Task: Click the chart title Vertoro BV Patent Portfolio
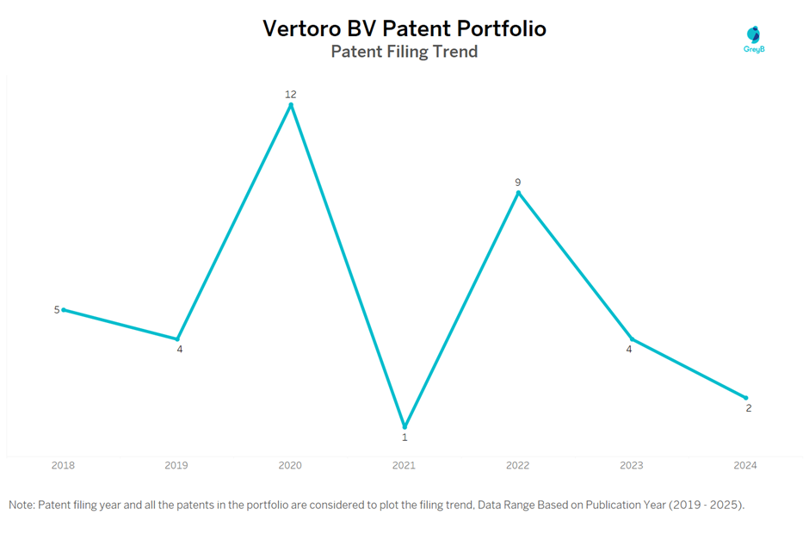pos(404,28)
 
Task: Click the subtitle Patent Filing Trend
pos(404,52)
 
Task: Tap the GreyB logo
pos(754,39)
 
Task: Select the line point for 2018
pos(64,310)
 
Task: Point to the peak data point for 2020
pos(291,105)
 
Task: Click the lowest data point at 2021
pos(404,426)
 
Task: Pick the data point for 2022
pos(518,193)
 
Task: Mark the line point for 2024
pos(745,398)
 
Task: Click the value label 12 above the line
pos(291,94)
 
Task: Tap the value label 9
pos(518,182)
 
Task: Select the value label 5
pos(57,310)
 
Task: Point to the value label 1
pos(404,438)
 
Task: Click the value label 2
pos(749,408)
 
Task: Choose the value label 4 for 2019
pos(180,350)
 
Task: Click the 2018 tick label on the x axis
pos(63,465)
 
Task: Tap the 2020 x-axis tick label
pos(290,465)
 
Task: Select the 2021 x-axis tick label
pos(404,465)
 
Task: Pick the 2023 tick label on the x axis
pos(631,465)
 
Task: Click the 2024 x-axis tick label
pos(744,465)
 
